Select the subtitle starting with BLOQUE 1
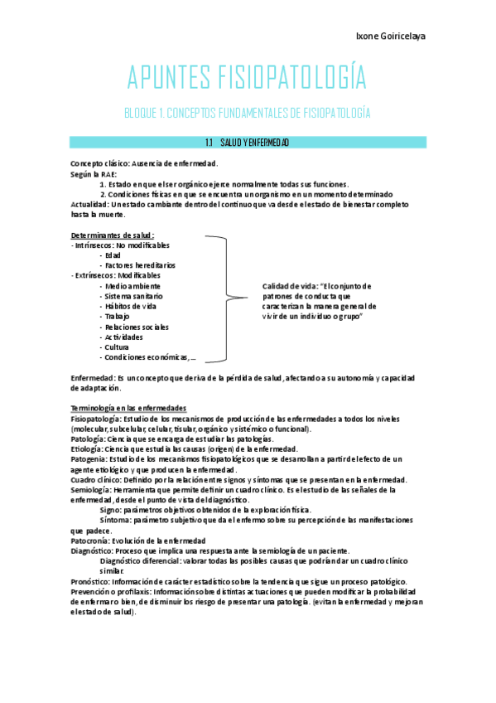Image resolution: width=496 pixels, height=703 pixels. (246, 112)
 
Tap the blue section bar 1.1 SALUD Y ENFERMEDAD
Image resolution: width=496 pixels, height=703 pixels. (248, 143)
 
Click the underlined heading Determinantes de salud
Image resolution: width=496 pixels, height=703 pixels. (113, 235)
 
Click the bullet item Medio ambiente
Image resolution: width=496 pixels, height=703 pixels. (132, 286)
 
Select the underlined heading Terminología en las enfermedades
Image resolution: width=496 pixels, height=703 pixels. (128, 409)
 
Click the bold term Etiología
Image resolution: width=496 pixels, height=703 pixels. (87, 448)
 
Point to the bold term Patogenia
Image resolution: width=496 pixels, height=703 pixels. (89, 458)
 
